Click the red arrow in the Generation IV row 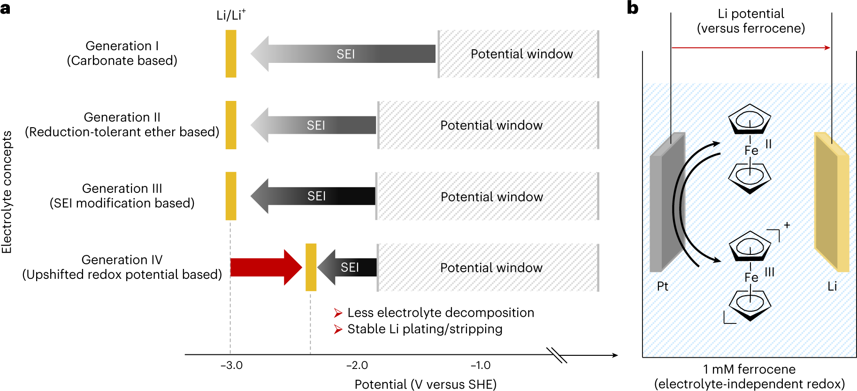pos(265,267)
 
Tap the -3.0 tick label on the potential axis pos(231,365)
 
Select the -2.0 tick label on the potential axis pos(357,365)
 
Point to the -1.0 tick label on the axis pos(480,365)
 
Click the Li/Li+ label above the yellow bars pos(230,15)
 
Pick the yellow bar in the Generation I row pos(231,54)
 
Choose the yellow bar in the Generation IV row pos(311,267)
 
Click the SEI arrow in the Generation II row pos(314,125)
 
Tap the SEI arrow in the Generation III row pos(314,196)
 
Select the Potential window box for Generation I pos(519,54)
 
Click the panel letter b pos(633,8)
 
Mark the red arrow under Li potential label pos(751,47)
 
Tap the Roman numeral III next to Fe pos(769,272)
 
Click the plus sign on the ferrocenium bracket pos(787,225)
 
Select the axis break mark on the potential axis pos(557,355)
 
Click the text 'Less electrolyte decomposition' pos(440,313)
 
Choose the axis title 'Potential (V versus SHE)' pos(425,384)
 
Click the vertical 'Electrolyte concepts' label pos(7,192)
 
